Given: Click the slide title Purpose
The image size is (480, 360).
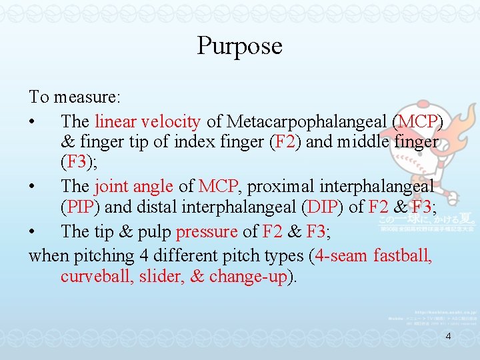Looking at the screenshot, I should tap(239, 46).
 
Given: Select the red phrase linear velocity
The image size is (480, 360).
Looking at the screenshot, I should tap(147, 121).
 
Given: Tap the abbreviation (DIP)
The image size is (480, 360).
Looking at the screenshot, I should tap(323, 207).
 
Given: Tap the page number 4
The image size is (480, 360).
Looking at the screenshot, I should tap(448, 336).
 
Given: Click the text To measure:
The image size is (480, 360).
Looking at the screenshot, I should tap(74, 97).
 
